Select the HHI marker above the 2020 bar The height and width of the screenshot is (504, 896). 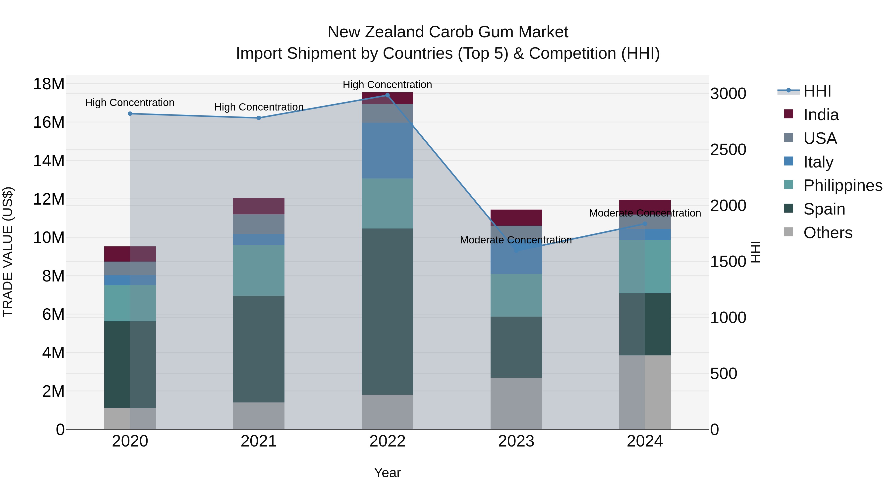point(130,114)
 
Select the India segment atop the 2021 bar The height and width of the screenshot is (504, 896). point(258,206)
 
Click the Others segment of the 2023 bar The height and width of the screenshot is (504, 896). point(516,403)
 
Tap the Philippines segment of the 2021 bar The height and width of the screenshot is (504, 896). point(258,270)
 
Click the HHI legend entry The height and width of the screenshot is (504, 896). point(817,91)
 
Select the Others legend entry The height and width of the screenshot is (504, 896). point(828,233)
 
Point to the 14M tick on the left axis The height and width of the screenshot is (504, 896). point(49,161)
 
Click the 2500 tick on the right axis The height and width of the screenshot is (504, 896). point(728,150)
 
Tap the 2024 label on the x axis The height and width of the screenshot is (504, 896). point(645,441)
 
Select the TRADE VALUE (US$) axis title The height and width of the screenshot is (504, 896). point(8,252)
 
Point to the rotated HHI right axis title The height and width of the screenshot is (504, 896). point(755,252)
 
